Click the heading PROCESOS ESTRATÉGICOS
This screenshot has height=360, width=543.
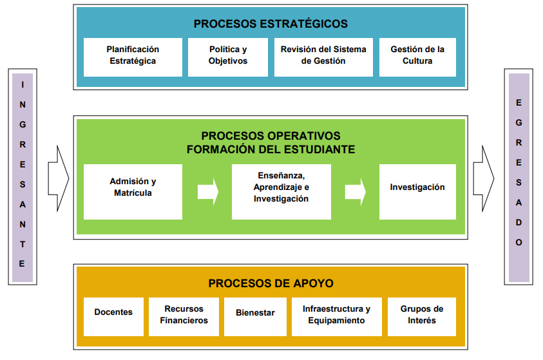pos(271,24)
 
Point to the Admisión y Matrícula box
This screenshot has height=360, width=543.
pos(133,191)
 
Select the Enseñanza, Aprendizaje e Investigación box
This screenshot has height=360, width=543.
pos(281,191)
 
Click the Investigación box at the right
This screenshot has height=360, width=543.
pos(417,191)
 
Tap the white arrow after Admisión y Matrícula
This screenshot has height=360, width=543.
pos(207,192)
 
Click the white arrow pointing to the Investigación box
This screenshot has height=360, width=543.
pos(355,192)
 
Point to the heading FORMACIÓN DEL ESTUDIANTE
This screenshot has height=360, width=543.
pos(271,149)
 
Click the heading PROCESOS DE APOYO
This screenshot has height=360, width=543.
pos(271,283)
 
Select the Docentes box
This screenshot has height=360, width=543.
pos(113,316)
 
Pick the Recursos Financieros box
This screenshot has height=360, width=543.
pos(184,316)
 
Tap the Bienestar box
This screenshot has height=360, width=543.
pos(254,316)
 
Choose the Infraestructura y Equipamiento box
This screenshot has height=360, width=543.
pos(336,316)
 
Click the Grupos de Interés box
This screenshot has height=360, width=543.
pos(422,316)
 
